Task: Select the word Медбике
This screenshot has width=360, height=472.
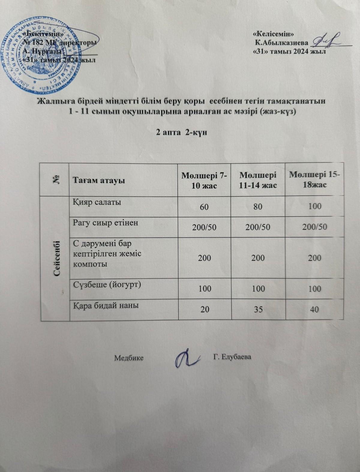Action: coord(129,358)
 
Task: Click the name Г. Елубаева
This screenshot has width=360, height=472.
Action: coord(232,357)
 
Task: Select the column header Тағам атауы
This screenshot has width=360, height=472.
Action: coord(99,181)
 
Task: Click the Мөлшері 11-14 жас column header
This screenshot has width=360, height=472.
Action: coord(258,180)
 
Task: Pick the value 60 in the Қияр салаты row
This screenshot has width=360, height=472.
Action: coord(205,207)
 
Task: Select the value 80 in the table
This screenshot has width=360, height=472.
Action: coord(258,207)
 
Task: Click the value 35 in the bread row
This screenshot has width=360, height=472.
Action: coord(258,309)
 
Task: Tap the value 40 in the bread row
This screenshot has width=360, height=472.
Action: coord(314,309)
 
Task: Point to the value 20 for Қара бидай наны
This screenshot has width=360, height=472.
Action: coord(205,309)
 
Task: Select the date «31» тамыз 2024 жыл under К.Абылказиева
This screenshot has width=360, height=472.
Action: coord(289,51)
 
